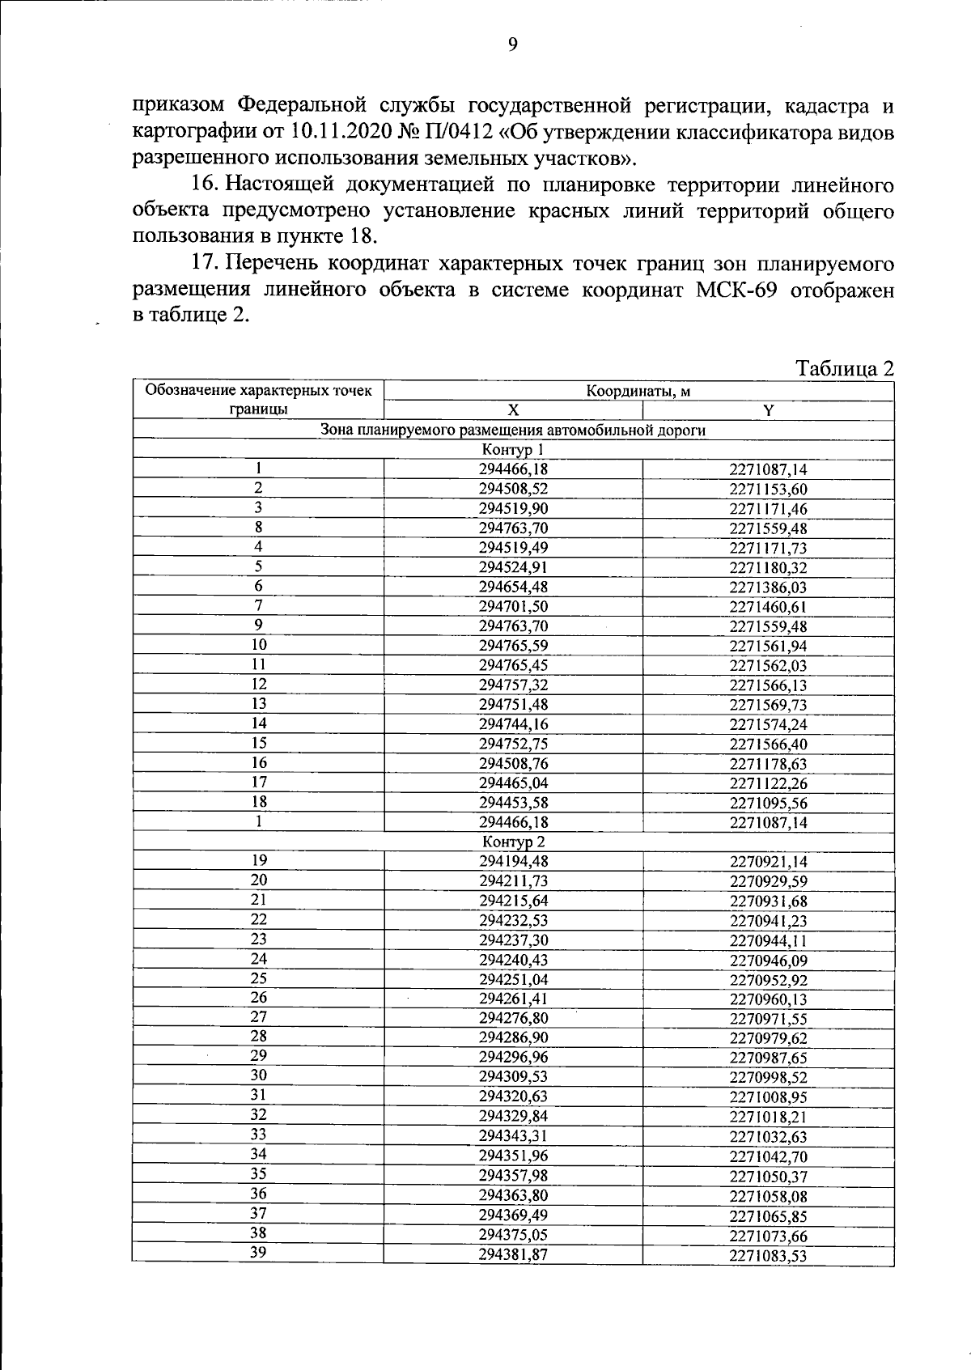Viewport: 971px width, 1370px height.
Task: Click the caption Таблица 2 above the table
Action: point(845,369)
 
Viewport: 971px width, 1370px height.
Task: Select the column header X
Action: point(513,410)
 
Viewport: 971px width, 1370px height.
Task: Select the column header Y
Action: point(768,410)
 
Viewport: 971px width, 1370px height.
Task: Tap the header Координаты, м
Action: point(638,392)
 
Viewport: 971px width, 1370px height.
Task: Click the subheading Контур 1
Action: point(513,450)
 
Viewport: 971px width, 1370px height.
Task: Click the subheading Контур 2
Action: point(513,842)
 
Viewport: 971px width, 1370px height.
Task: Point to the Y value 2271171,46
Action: point(768,509)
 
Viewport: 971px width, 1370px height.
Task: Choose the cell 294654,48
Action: point(513,587)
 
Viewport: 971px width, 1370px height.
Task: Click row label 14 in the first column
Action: point(258,723)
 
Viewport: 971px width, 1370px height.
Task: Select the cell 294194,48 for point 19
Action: point(513,862)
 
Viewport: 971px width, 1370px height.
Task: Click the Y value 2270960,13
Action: point(768,999)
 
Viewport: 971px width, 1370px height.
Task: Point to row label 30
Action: point(258,1076)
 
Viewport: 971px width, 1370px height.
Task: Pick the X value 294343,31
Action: point(513,1136)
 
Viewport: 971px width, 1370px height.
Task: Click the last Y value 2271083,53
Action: point(768,1256)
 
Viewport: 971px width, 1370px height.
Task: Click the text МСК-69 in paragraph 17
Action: point(736,290)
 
